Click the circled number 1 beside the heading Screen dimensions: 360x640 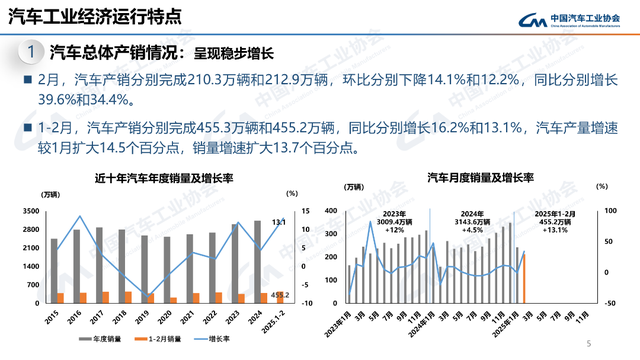tap(33, 52)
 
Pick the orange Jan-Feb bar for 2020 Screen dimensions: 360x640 tap(172, 299)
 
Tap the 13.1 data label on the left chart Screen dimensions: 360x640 tap(281, 221)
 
